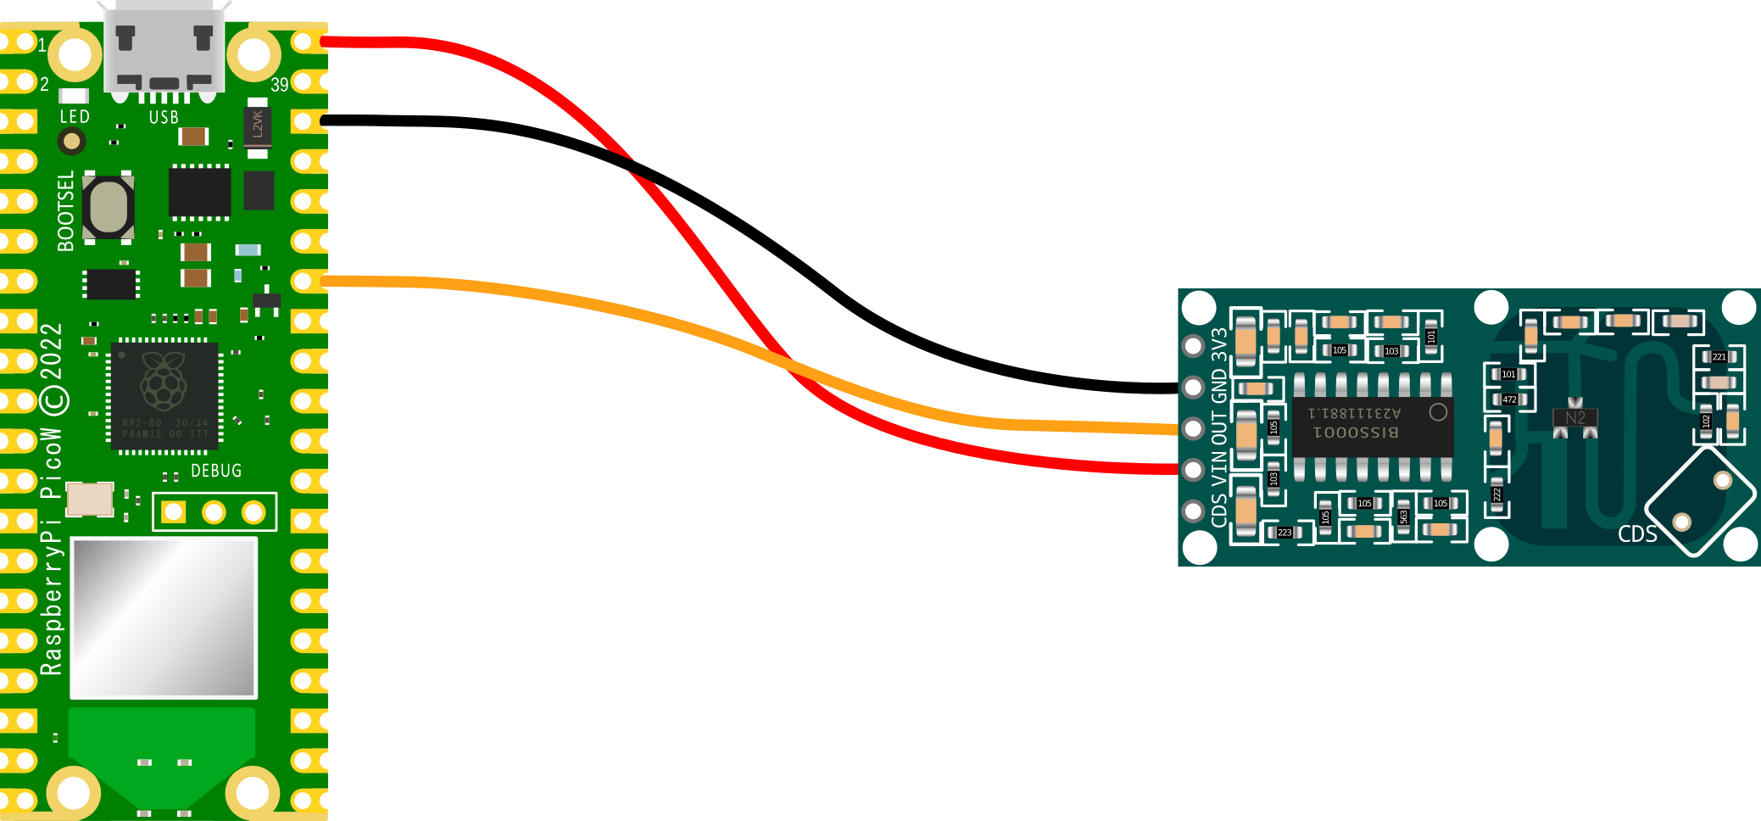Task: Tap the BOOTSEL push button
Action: [108, 207]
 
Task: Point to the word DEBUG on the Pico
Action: [216, 471]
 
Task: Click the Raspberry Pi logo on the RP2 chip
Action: [164, 382]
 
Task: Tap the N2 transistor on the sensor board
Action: [1574, 418]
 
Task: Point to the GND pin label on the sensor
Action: [1219, 386]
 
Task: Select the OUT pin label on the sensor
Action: [1219, 429]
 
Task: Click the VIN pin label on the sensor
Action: [1219, 469]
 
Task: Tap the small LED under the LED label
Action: [72, 141]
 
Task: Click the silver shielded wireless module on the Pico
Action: [164, 617]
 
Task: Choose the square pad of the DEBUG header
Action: [174, 511]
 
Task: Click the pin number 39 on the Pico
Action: [280, 85]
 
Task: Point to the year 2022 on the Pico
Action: [52, 352]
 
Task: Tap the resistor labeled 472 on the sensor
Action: [1509, 399]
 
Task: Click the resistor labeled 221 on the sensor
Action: [1719, 357]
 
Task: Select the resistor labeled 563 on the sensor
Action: [1404, 516]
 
